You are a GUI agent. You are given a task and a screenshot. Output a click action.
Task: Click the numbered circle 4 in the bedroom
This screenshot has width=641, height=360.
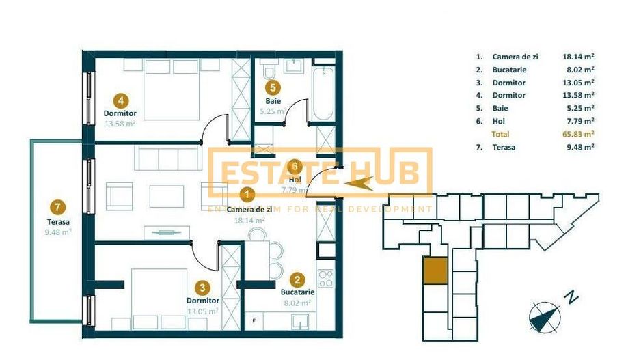coord(121,98)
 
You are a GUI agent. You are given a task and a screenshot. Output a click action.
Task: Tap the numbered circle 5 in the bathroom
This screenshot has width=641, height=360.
coord(273,87)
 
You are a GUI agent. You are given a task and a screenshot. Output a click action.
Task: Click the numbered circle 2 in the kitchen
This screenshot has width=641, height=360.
coord(297,279)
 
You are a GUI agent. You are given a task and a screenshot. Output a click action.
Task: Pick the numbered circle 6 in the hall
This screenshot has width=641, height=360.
coord(295,166)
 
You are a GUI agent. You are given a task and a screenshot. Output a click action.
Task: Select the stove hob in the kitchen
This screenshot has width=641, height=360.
coord(326,279)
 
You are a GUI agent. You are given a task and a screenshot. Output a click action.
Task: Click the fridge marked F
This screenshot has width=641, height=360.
coord(254,320)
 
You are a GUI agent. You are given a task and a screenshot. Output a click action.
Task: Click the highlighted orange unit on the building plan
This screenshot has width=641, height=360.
coord(435,271)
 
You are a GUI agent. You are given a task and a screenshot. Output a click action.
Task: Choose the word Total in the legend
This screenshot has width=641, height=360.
coord(500,134)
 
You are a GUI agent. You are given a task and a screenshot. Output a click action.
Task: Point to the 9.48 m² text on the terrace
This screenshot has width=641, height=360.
coord(58,232)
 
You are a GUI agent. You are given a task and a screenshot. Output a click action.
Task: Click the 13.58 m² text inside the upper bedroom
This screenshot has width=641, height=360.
coord(120,124)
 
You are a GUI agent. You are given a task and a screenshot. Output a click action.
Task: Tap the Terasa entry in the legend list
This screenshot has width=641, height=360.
coord(504,147)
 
